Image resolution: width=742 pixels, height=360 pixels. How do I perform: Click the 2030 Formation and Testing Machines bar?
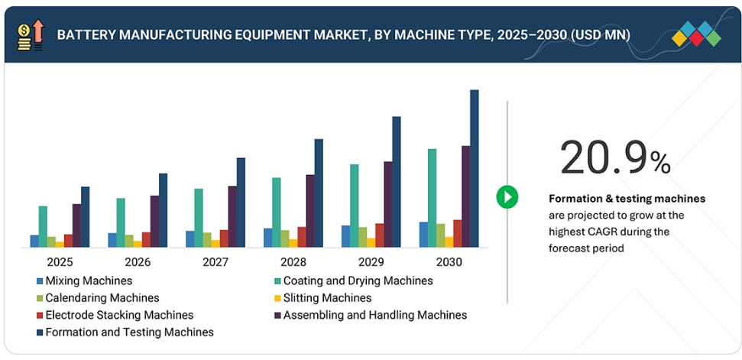[x=474, y=168]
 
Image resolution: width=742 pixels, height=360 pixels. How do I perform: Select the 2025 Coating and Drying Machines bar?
[x=43, y=226]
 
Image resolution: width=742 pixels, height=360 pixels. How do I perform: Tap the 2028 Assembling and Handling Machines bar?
[x=310, y=211]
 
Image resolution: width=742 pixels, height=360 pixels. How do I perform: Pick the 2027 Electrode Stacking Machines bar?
[x=224, y=238]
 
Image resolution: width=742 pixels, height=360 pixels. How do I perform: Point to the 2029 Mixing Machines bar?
[x=345, y=236]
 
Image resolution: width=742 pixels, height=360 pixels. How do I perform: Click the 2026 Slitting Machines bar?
[x=138, y=244]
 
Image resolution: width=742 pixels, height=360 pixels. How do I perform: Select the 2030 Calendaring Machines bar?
[x=440, y=235]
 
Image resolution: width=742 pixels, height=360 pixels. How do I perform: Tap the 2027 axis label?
[x=215, y=262]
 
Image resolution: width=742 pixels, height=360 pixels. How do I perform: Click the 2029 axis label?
[x=371, y=262]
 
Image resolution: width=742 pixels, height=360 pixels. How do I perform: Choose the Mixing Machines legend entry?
[x=84, y=281]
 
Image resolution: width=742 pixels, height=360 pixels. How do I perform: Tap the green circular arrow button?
[x=507, y=196]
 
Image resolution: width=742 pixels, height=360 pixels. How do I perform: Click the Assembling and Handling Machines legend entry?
[x=374, y=315]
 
